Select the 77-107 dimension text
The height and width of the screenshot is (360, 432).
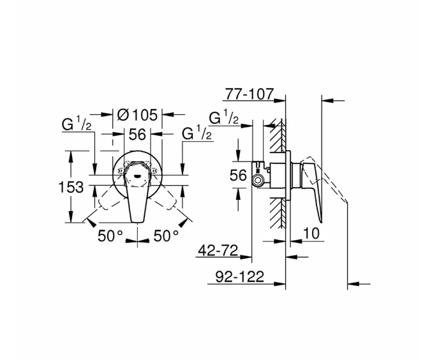[248, 94]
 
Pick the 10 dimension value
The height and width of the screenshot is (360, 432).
[311, 234]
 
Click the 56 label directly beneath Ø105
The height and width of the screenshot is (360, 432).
[138, 134]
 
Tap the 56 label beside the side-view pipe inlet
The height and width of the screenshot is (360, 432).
[238, 176]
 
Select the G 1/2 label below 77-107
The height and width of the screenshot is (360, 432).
[224, 118]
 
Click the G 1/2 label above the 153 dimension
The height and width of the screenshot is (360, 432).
[77, 124]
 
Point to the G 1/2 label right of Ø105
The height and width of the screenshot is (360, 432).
[197, 134]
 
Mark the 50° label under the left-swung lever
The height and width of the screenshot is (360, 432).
[110, 236]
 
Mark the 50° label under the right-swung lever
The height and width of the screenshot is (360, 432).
[166, 236]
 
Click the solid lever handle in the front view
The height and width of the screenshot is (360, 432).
[137, 201]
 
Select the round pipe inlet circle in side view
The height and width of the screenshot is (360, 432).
[257, 181]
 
